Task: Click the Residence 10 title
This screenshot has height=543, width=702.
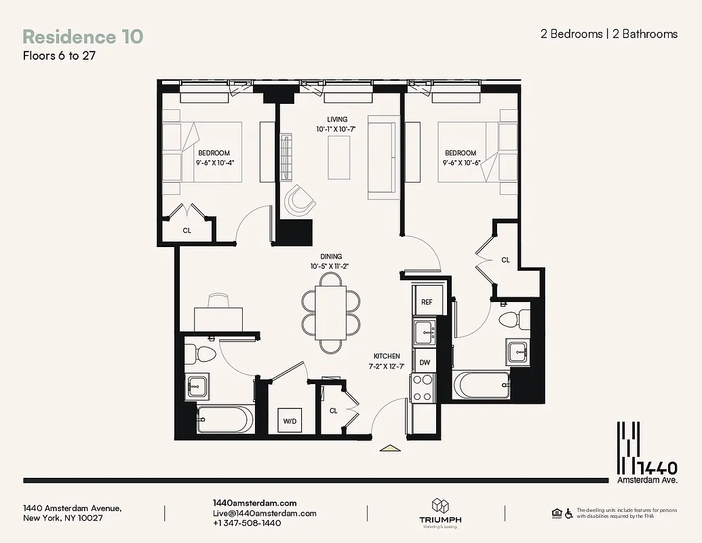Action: click(x=83, y=36)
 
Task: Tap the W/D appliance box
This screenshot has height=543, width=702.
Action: click(x=290, y=421)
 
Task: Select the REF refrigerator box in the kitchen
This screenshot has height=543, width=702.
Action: click(x=427, y=301)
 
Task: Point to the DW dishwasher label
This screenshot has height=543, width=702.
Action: click(x=425, y=362)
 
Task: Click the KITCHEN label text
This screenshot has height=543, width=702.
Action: click(x=387, y=356)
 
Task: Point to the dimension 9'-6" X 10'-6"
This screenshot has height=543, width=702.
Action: click(x=461, y=163)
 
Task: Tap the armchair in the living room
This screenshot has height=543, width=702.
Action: click(x=299, y=200)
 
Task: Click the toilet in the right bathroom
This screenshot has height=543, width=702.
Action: click(x=513, y=318)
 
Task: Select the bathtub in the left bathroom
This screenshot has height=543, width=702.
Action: click(x=225, y=419)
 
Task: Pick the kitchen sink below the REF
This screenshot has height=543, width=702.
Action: click(x=425, y=332)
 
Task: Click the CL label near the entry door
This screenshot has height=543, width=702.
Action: click(x=333, y=411)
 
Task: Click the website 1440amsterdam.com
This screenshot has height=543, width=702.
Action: click(x=254, y=502)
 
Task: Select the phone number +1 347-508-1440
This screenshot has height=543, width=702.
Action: click(x=247, y=523)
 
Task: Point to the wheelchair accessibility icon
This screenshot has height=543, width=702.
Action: click(x=568, y=514)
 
